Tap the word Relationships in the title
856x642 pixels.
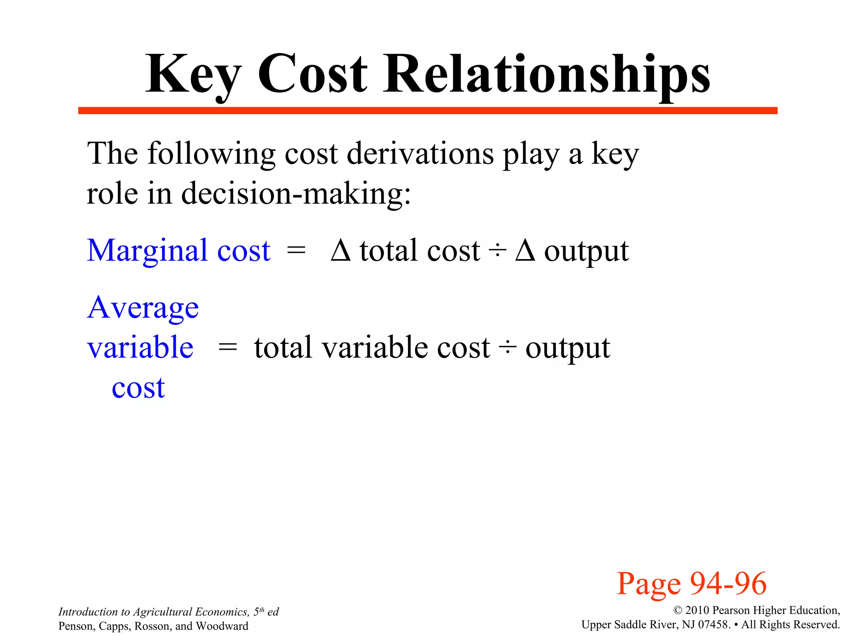click(x=547, y=75)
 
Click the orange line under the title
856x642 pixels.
click(x=427, y=111)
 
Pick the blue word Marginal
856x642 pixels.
click(x=147, y=251)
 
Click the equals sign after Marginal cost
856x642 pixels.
click(x=296, y=251)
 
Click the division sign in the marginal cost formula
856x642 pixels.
click(x=497, y=251)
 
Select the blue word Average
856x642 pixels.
click(x=143, y=308)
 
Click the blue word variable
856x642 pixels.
click(x=140, y=347)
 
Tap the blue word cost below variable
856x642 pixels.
click(x=138, y=387)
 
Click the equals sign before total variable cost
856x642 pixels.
click(x=228, y=347)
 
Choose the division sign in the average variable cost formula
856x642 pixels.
click(x=507, y=347)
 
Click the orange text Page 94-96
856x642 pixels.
click(x=691, y=583)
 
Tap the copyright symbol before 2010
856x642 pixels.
click(x=678, y=611)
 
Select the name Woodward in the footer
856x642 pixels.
click(x=222, y=626)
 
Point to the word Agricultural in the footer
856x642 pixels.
click(x=162, y=612)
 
